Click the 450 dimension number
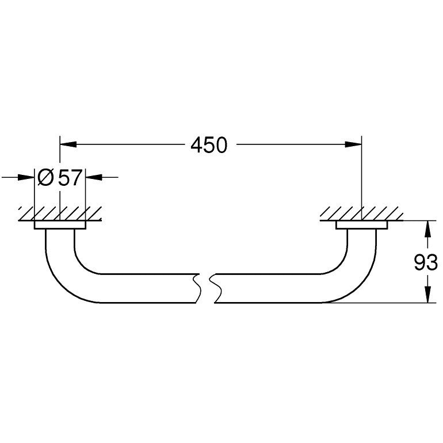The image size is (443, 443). click(x=209, y=145)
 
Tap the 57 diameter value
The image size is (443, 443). click(x=70, y=178)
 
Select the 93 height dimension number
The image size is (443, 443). click(x=426, y=262)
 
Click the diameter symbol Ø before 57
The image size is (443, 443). click(x=45, y=178)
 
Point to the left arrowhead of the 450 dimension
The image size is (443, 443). click(x=68, y=144)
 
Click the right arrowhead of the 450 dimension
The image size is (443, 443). click(x=353, y=144)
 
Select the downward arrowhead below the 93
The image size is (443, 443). click(x=428, y=295)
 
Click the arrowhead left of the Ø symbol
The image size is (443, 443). click(x=26, y=177)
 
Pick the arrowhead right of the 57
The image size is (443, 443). click(x=94, y=177)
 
